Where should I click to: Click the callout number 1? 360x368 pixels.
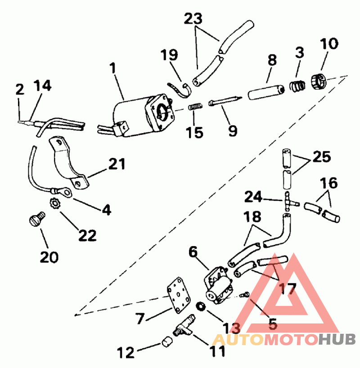[x=112, y=68]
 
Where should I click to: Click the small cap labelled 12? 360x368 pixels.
[x=166, y=343]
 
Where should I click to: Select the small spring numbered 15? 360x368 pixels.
[x=194, y=107]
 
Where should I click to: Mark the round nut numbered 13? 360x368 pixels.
[x=202, y=307]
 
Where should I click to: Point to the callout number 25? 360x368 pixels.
[x=321, y=157]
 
